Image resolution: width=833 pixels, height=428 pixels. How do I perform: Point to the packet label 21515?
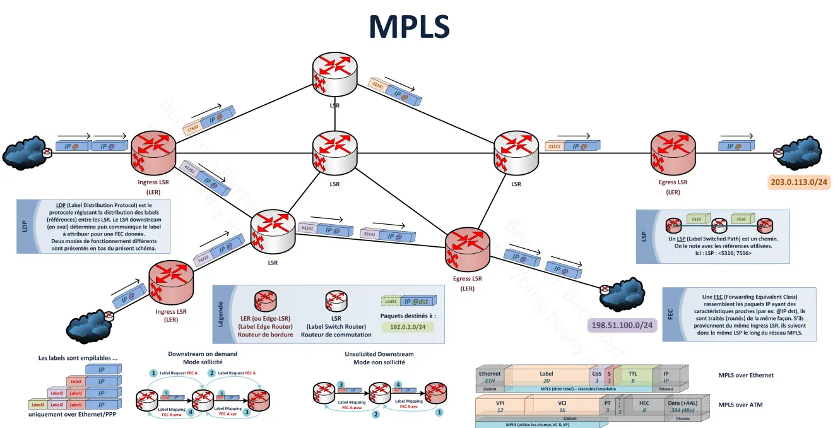555,146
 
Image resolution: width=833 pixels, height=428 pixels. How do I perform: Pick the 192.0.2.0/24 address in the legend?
408,328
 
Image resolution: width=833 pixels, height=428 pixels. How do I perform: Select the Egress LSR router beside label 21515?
673,153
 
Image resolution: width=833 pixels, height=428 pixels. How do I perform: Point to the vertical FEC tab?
670,314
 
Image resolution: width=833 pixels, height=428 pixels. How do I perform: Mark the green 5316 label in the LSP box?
697,219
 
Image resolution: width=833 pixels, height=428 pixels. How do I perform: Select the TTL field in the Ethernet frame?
632,377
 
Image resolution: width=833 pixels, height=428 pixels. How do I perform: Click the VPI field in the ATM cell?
500,406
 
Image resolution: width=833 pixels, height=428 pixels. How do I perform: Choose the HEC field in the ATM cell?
644,406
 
